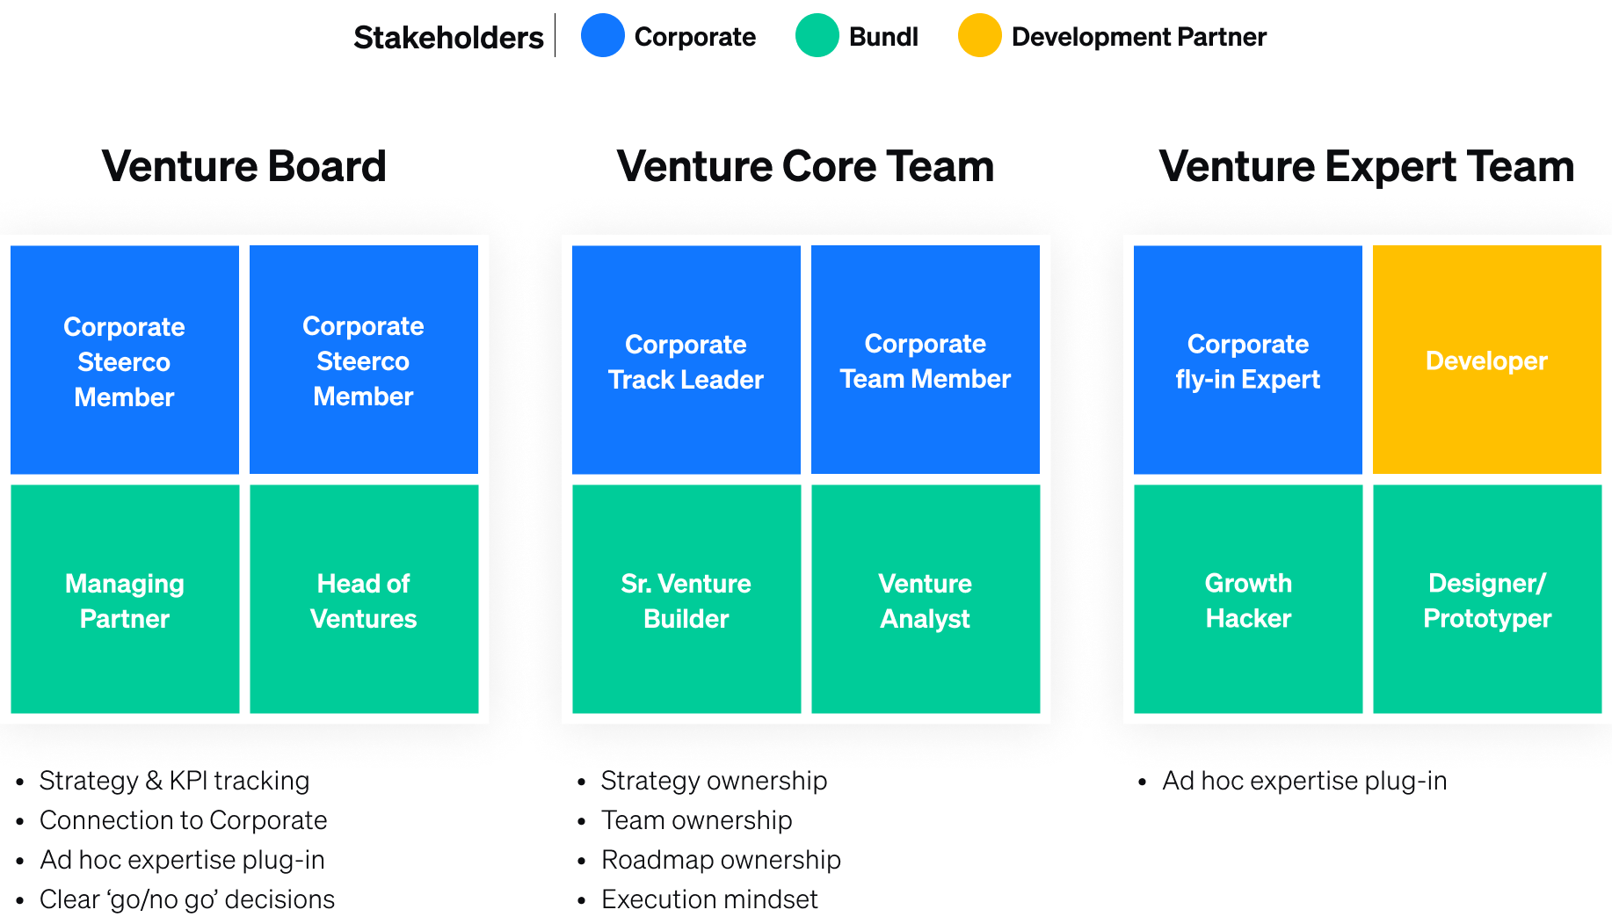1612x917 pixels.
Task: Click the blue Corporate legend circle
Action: [603, 36]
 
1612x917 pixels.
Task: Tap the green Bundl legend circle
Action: [817, 36]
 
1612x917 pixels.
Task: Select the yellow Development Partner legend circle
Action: [980, 36]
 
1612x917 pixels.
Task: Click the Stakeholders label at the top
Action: [448, 38]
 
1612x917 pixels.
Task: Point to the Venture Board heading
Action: [244, 166]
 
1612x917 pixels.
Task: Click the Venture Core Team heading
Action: [805, 166]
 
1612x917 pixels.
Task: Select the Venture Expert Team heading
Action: [1366, 166]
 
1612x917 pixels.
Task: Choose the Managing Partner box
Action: [125, 600]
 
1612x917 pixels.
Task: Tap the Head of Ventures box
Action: [364, 600]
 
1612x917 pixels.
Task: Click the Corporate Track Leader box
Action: [686, 360]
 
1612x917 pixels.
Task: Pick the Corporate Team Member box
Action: [926, 360]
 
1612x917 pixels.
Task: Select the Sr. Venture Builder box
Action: [686, 600]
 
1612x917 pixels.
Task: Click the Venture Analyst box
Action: [926, 600]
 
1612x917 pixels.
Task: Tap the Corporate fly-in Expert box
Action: [1248, 360]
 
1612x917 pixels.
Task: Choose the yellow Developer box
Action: [1487, 360]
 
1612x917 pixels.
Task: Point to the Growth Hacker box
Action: [1248, 600]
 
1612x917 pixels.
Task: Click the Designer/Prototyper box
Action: [1487, 600]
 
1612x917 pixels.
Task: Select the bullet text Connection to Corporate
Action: [183, 820]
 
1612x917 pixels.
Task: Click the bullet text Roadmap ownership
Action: [721, 860]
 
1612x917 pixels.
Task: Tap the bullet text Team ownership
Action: [696, 820]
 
